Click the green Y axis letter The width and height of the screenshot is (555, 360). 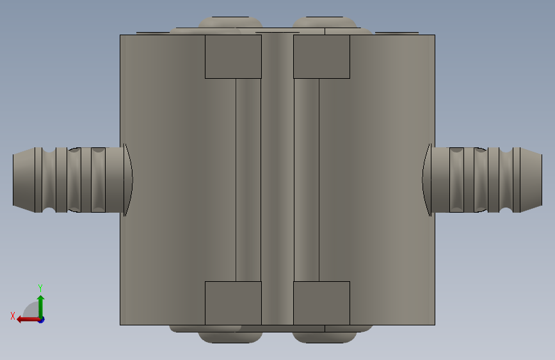coord(40,288)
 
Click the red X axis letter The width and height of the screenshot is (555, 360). coord(13,316)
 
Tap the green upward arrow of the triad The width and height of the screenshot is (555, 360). coord(41,306)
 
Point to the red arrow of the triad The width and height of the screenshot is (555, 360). coord(28,320)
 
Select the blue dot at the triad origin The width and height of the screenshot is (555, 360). coord(42,320)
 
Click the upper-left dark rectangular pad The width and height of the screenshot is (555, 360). coord(233,57)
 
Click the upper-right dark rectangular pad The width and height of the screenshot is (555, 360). coord(322,57)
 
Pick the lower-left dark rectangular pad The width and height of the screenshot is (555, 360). coord(233,303)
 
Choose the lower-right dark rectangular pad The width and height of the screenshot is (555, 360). coord(322,303)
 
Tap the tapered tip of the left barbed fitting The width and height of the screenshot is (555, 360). coord(24,180)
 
